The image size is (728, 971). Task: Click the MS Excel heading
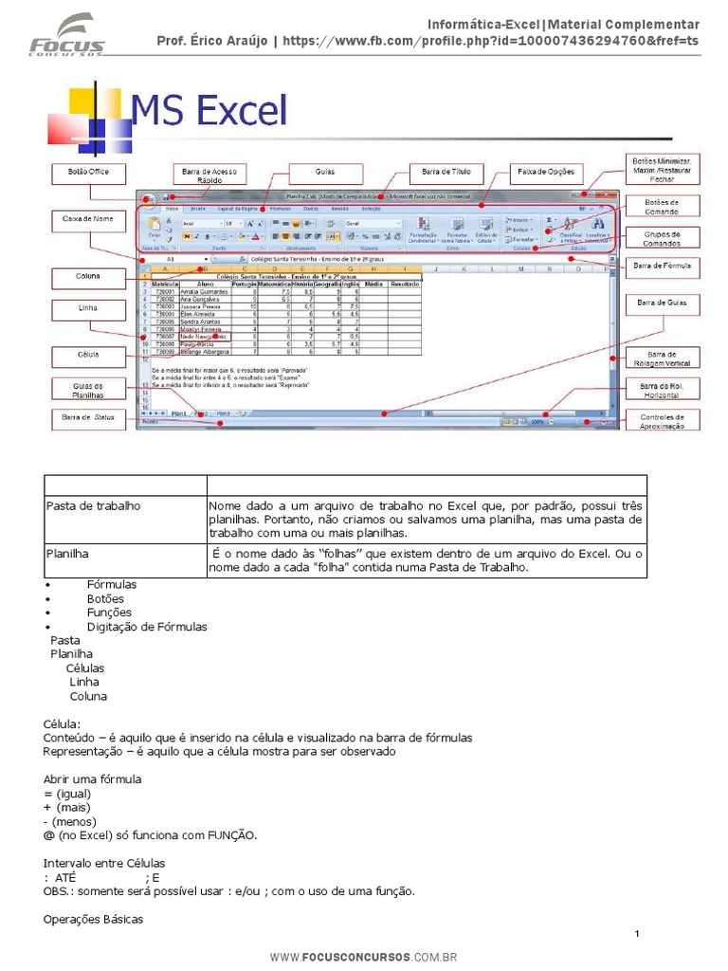pos(209,112)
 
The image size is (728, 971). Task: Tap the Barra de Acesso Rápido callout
pos(209,174)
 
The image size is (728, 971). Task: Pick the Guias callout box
pos(325,174)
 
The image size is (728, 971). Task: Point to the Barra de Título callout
pos(446,174)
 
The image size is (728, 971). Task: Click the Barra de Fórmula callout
pos(663,266)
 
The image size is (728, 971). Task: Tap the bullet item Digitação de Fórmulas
pos(146,627)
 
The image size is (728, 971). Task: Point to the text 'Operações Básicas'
pos(94,919)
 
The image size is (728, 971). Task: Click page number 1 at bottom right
pos(638,936)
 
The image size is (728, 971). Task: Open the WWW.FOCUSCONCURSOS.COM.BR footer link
pos(363,958)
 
